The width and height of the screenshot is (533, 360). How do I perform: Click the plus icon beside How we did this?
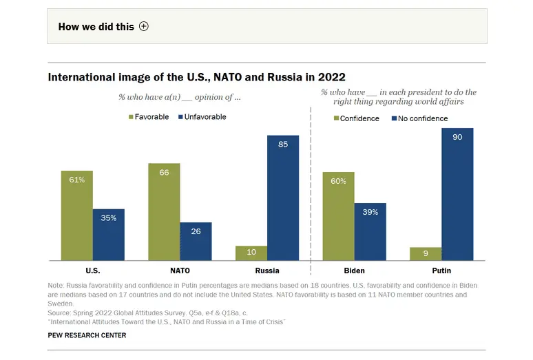[x=143, y=26]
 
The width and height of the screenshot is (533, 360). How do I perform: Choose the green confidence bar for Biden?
[x=338, y=216]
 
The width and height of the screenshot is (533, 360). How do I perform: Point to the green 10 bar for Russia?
[x=251, y=253]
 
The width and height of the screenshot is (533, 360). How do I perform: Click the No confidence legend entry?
[x=419, y=118]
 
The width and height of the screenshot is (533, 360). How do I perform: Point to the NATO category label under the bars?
[x=180, y=271]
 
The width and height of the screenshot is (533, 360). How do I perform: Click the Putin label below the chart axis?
[x=441, y=271]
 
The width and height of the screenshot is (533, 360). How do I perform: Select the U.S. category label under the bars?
[x=92, y=271]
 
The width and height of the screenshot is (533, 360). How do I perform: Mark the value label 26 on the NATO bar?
[x=196, y=231]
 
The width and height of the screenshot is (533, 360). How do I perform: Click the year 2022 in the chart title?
[x=331, y=77]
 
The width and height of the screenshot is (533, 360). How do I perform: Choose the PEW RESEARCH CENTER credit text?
[x=87, y=335]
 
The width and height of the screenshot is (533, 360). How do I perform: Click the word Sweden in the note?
[x=61, y=303]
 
